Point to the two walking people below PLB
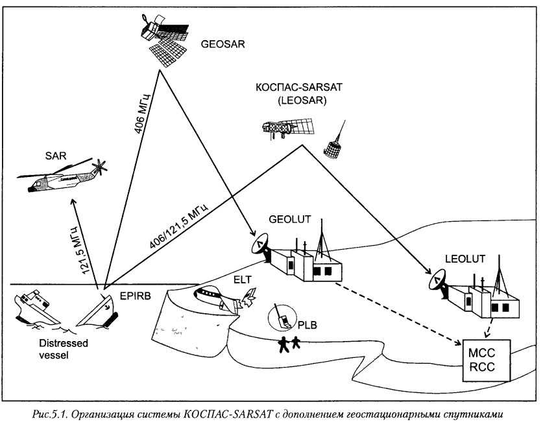pos(289,343)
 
